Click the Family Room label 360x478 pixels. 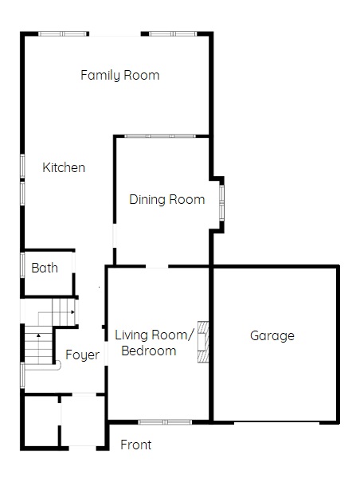(119, 76)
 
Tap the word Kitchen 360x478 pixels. (64, 167)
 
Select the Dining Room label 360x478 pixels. (167, 199)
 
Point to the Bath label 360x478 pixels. (45, 268)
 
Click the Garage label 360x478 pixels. (272, 336)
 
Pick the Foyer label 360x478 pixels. (82, 355)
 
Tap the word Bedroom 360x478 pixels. (149, 351)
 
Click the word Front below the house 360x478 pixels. (136, 445)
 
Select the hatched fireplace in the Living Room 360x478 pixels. (203, 342)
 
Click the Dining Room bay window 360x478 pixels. (221, 202)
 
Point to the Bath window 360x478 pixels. (22, 265)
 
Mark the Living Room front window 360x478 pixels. (165, 422)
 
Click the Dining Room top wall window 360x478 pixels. (160, 136)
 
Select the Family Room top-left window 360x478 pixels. (62, 33)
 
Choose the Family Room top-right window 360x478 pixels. (173, 33)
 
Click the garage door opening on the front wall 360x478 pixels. (277, 422)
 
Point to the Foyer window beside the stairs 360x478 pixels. (22, 375)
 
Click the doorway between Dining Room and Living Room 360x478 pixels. (157, 266)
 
